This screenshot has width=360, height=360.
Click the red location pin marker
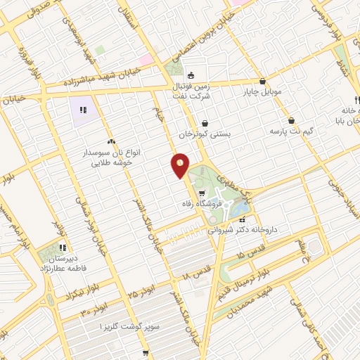180,165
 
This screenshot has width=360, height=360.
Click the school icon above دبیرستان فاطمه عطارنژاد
62,247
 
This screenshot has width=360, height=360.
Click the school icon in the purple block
82,110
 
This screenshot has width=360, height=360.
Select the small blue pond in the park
241,208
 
